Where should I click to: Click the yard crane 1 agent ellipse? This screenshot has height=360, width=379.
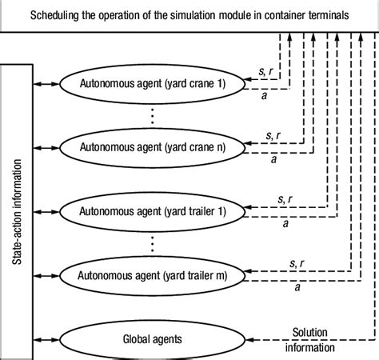[152, 82]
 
